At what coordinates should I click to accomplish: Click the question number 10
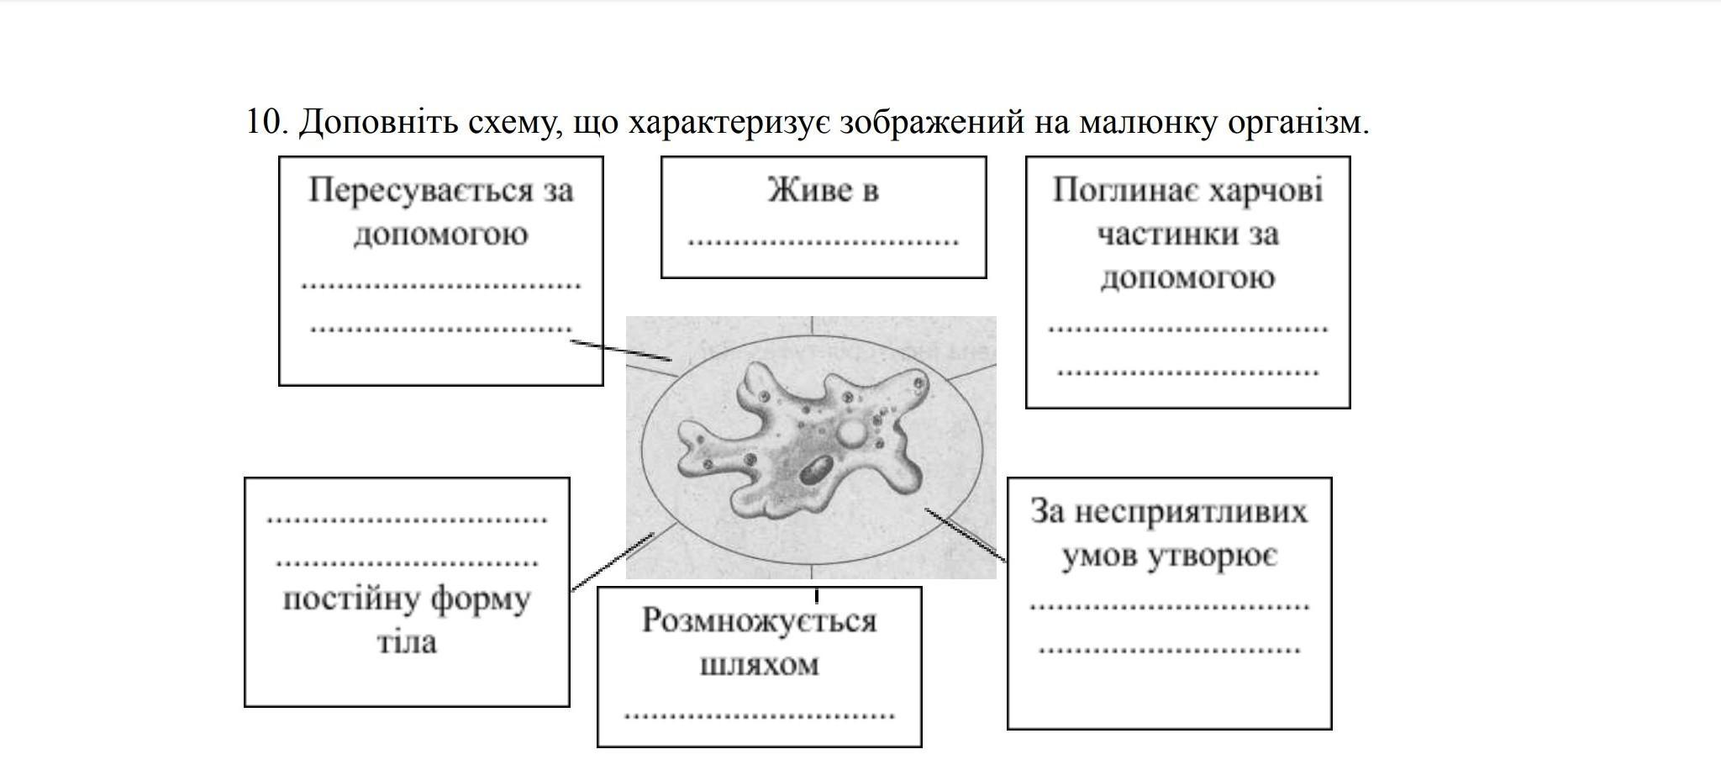coord(267,123)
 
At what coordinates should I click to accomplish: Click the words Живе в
coord(823,190)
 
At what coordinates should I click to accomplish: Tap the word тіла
coord(407,643)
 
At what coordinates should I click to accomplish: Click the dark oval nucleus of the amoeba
coord(815,471)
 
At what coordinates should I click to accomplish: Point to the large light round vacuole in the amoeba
coord(852,434)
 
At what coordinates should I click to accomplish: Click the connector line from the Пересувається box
coord(621,351)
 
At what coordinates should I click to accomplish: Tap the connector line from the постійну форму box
coord(613,562)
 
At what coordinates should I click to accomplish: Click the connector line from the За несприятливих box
coord(966,535)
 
